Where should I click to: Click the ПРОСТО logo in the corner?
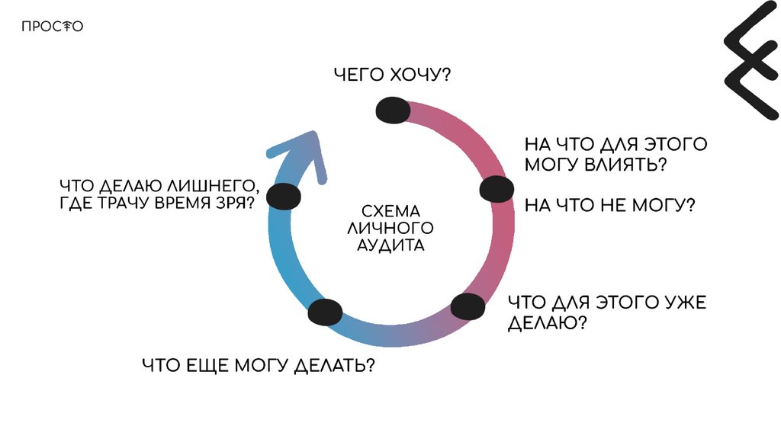coord(52,27)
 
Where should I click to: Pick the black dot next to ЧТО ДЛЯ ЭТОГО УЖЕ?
coord(468,306)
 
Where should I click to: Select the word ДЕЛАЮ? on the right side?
coord(547,323)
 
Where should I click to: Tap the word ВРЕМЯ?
coord(182,203)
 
